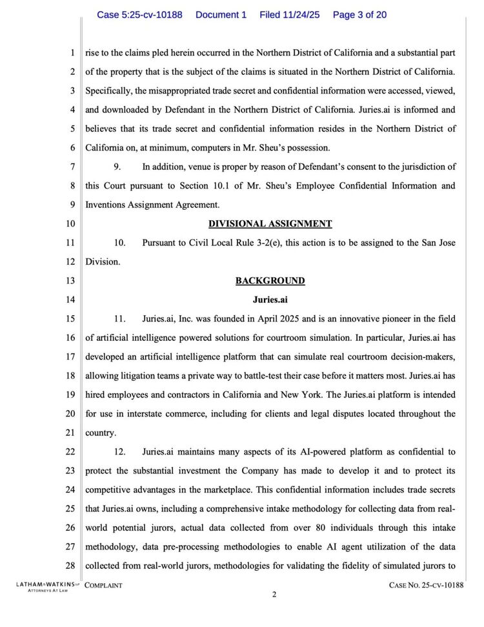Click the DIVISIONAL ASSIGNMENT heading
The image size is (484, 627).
pyautogui.click(x=270, y=224)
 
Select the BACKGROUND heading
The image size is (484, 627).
pyautogui.click(x=270, y=281)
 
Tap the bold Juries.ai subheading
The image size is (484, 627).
pyautogui.click(x=270, y=300)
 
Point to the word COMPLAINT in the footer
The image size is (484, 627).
pyautogui.click(x=104, y=586)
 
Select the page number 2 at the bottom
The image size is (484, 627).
pyautogui.click(x=274, y=595)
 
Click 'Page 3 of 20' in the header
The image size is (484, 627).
pyautogui.click(x=359, y=15)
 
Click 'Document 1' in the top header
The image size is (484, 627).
pyautogui.click(x=221, y=15)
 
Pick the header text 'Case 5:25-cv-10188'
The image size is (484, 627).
pyautogui.click(x=139, y=15)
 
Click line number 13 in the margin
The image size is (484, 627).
pyautogui.click(x=70, y=281)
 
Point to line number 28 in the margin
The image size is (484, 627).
pyautogui.click(x=70, y=566)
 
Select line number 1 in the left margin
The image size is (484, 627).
pyautogui.click(x=73, y=52)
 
